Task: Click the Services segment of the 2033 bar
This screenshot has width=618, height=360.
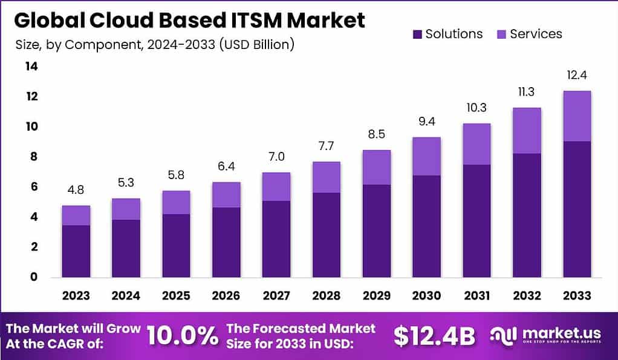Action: point(577,116)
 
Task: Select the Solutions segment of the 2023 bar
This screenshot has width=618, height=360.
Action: point(76,251)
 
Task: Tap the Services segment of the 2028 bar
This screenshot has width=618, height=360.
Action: point(327,177)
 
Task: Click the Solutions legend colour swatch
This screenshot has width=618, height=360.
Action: point(417,34)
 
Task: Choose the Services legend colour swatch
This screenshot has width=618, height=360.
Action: point(501,34)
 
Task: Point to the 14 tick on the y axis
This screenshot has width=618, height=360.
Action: point(31,67)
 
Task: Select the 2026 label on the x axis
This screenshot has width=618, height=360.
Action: point(226,296)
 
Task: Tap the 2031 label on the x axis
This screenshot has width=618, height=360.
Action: point(477,296)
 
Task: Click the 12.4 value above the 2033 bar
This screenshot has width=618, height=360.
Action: point(577,76)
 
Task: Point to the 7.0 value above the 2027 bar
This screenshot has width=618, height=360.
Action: point(276,157)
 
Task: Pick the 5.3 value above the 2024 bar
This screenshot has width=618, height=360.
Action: point(125,183)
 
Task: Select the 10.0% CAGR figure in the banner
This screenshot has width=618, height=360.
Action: point(182,336)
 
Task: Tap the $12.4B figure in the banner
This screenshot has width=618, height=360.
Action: point(434,336)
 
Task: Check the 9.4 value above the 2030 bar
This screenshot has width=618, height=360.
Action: point(426,122)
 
